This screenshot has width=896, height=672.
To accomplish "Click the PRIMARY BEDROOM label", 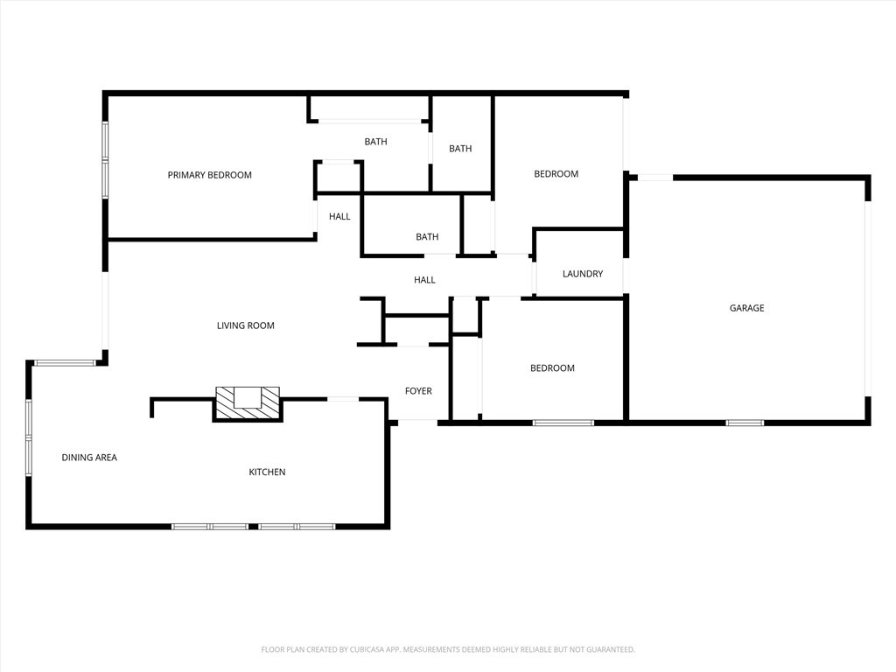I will (x=209, y=175).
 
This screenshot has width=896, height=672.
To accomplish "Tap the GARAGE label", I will (x=746, y=308).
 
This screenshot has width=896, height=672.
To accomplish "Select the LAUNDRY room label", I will (x=582, y=274).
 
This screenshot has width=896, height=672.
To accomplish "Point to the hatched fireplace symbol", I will (x=248, y=403).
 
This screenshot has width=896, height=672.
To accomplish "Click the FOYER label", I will (x=417, y=391).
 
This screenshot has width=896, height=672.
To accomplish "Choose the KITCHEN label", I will (x=267, y=472).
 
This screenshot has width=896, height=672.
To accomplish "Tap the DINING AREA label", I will (x=89, y=458).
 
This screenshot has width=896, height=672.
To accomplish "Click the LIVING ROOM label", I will (x=245, y=325).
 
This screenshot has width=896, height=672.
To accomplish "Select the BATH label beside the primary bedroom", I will (x=375, y=142).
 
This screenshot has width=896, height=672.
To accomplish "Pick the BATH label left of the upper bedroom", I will (x=460, y=149).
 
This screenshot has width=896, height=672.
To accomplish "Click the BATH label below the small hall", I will (x=427, y=237).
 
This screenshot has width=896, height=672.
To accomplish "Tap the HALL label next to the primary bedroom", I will (x=339, y=217).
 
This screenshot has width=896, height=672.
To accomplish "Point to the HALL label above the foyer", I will (x=424, y=280).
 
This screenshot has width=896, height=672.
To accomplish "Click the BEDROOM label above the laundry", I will (x=556, y=174).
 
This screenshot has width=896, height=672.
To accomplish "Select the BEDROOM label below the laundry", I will (x=552, y=368).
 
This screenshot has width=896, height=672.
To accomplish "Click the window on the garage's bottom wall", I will (x=744, y=423).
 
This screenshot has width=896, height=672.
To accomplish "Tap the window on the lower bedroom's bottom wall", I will (x=563, y=423).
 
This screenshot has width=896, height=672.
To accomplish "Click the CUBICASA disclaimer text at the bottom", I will (x=447, y=649).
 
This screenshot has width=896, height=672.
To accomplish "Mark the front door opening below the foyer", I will (x=417, y=422).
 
